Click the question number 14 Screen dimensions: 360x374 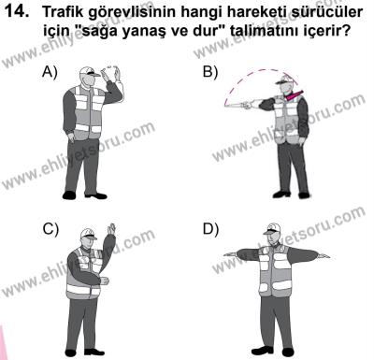[x=21, y=13]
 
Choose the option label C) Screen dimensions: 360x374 [x=49, y=230]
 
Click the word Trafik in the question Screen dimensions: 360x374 [x=70, y=13]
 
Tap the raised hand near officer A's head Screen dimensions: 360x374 [x=114, y=71]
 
